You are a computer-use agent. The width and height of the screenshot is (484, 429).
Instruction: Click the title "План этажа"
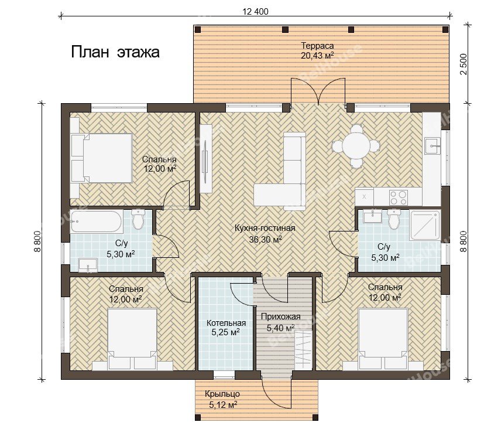point(115,52)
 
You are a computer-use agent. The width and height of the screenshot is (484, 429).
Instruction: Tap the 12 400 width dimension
point(256,12)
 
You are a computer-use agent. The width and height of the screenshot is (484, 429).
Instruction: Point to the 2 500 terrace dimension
point(464,64)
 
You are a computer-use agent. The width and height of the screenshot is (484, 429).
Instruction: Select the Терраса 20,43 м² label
point(317,50)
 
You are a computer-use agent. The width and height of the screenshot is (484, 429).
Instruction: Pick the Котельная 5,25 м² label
point(226,328)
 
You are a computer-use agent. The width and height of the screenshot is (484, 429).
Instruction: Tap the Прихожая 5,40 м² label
point(280,322)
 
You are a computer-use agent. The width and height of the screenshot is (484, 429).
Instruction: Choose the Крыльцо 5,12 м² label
point(222,399)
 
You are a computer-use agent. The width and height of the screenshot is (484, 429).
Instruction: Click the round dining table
point(356,146)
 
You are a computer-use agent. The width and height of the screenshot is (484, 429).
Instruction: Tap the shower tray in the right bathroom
point(425,225)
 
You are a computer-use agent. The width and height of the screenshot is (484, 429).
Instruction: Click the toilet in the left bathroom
point(138,219)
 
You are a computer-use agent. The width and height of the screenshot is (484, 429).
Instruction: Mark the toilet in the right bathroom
point(393,219)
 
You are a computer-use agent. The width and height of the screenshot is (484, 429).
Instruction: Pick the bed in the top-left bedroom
point(101,158)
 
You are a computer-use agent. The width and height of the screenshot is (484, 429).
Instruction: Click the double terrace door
point(318,91)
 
